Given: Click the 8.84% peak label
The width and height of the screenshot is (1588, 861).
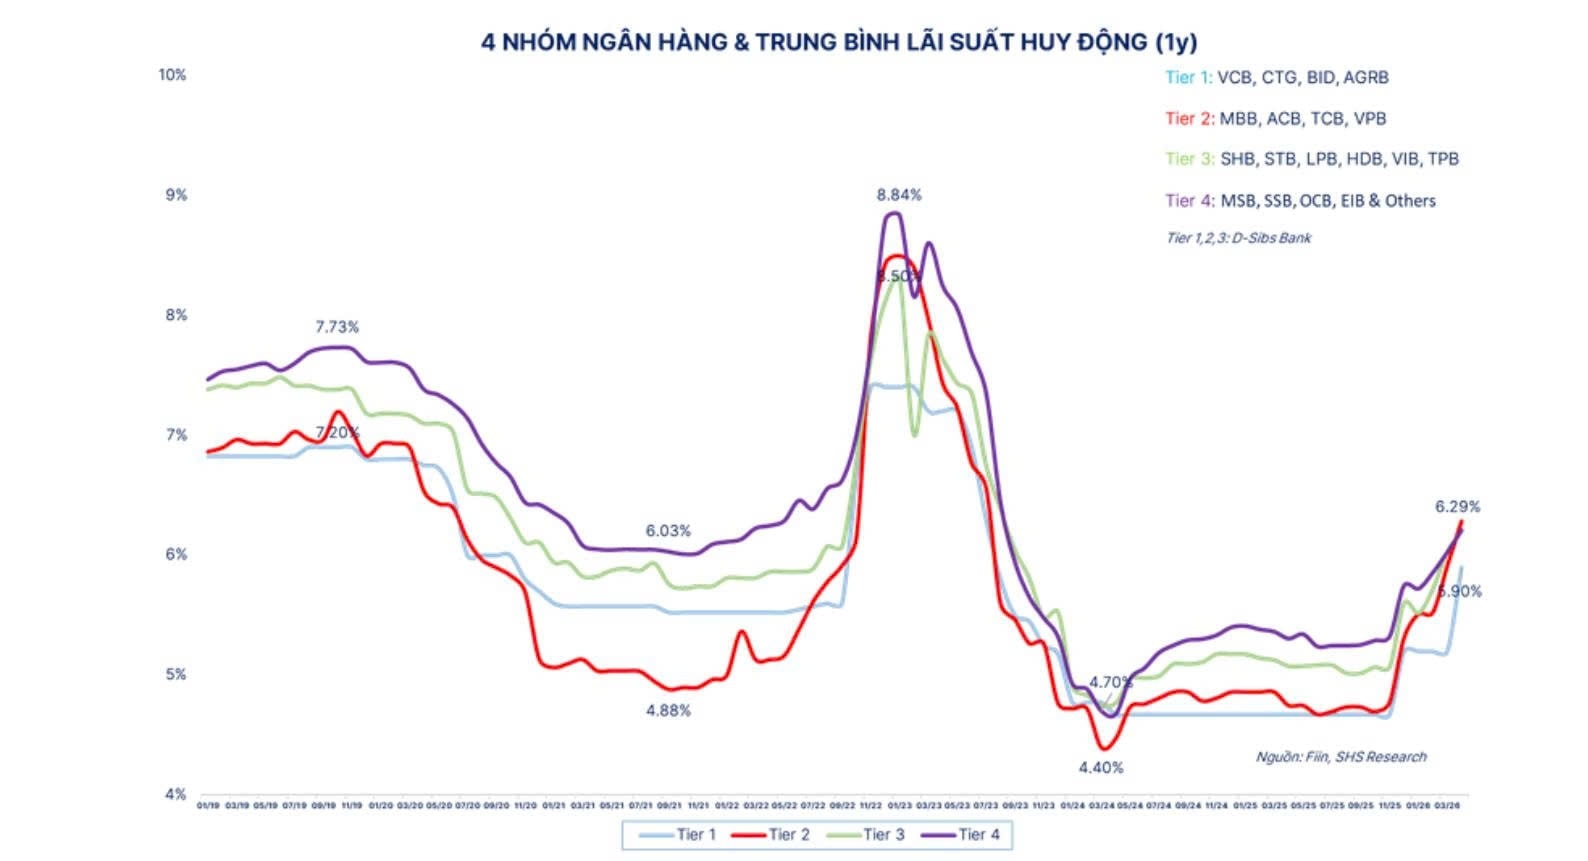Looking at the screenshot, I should pyautogui.click(x=899, y=195).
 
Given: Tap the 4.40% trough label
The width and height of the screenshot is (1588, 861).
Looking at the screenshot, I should pyautogui.click(x=1100, y=768).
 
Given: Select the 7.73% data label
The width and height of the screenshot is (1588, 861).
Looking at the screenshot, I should pyautogui.click(x=337, y=327).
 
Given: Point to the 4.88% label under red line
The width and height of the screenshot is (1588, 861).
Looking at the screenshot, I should pyautogui.click(x=668, y=711).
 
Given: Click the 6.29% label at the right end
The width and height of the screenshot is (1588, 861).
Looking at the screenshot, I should pyautogui.click(x=1457, y=507).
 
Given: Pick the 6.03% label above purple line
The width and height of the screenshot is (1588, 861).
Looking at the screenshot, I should pyautogui.click(x=668, y=531).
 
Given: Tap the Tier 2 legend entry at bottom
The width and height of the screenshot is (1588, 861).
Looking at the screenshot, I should pyautogui.click(x=772, y=834).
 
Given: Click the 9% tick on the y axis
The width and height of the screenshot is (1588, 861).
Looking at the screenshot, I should pyautogui.click(x=176, y=195).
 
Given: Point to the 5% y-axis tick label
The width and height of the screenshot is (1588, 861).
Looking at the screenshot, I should pyautogui.click(x=176, y=674).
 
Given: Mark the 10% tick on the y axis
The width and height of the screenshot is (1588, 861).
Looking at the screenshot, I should pyautogui.click(x=172, y=75).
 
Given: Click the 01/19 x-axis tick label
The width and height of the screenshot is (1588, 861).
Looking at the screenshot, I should pyautogui.click(x=208, y=805).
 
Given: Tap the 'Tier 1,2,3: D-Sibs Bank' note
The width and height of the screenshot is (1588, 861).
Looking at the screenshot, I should pyautogui.click(x=1238, y=238).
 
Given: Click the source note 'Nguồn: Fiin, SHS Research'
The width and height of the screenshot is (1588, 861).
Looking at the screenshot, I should pyautogui.click(x=1340, y=757).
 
